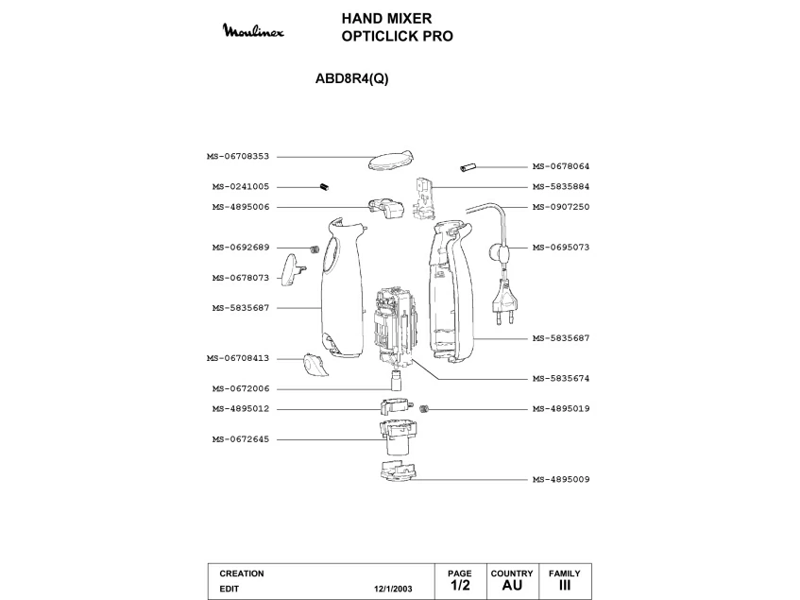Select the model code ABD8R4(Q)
[x=350, y=79]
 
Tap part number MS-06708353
[x=238, y=157]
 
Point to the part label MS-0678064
[x=561, y=166]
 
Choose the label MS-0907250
[x=561, y=207]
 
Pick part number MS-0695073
[x=561, y=248]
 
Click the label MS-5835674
[x=561, y=378]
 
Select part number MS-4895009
[x=561, y=479]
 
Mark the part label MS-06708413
[x=238, y=358]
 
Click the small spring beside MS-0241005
[x=324, y=186]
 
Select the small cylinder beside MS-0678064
[x=468, y=167]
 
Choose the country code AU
[x=512, y=586]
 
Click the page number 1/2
[x=459, y=586]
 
